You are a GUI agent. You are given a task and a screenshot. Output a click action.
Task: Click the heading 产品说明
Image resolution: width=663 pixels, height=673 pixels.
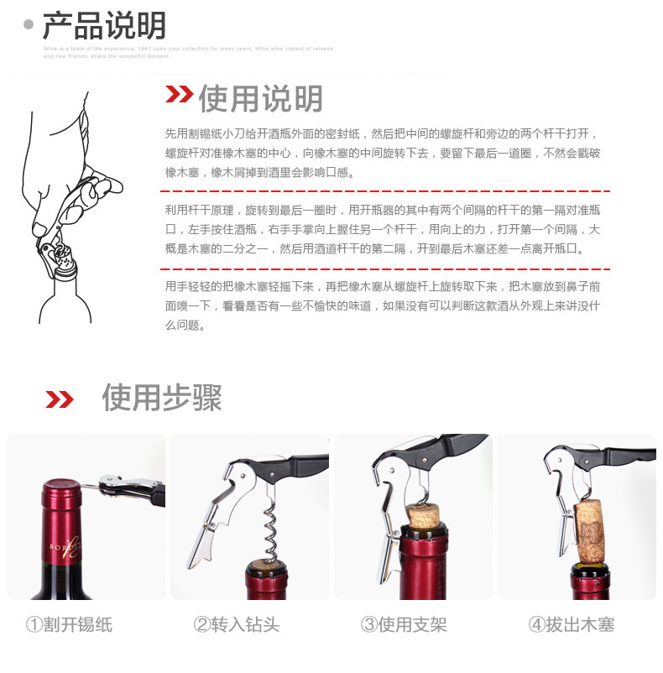[x=104, y=25]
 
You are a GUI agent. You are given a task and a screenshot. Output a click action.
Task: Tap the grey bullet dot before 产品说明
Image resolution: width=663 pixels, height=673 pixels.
[x=29, y=24]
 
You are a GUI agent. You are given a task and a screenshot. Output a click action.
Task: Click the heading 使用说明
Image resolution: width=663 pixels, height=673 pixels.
[x=260, y=99]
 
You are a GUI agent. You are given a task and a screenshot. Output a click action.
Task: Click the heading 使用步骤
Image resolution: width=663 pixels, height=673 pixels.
[x=161, y=397]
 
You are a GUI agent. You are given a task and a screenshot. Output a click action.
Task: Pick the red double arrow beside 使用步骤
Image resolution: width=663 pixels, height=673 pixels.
[x=59, y=399]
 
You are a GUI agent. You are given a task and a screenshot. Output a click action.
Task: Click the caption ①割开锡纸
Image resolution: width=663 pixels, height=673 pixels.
[x=69, y=624]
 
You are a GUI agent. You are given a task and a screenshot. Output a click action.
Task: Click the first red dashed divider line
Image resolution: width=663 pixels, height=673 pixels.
[x=382, y=192]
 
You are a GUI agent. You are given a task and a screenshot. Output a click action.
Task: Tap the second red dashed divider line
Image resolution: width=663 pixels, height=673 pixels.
[x=382, y=269]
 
